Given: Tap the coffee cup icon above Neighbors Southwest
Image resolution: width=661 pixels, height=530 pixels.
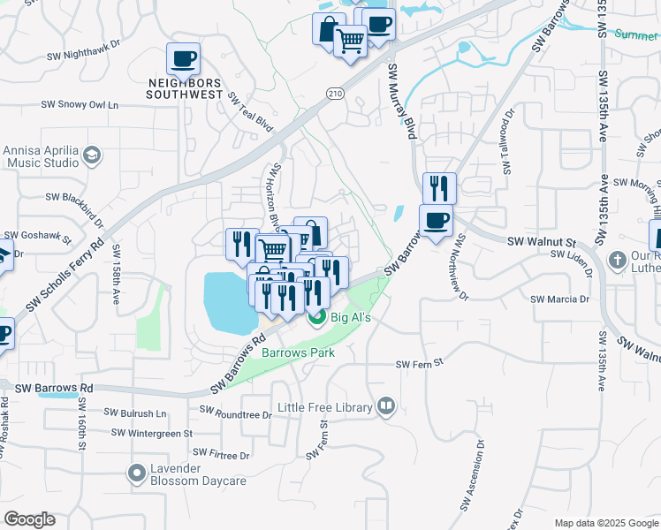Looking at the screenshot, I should [183, 59].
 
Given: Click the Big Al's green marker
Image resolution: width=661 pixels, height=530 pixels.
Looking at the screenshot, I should [316, 317].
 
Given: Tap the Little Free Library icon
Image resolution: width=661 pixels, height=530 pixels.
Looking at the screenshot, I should [385, 406].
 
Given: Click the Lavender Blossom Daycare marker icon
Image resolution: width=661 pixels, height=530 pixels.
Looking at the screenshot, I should [136, 473].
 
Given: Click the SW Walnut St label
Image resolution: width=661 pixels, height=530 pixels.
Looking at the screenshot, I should [541, 241].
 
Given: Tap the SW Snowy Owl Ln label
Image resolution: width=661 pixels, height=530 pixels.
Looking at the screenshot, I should [80, 105].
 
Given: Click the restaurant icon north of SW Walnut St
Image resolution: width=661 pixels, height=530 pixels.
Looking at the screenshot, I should [438, 188].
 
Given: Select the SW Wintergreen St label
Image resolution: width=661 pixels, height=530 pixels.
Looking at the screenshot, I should [152, 433].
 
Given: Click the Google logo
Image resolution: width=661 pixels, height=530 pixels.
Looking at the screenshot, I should [29, 519].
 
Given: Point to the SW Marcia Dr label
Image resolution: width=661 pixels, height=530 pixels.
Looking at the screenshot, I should [559, 299].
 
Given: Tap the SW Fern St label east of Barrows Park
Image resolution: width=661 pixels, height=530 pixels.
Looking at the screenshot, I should [418, 364].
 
